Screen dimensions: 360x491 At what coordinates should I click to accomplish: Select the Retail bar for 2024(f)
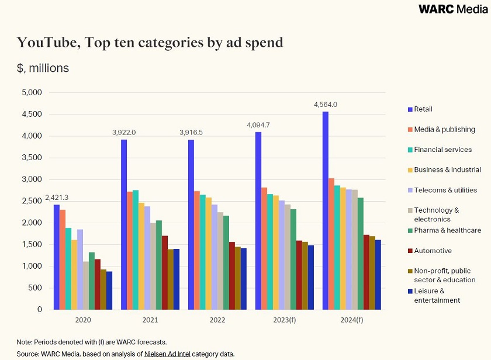(x=326, y=210)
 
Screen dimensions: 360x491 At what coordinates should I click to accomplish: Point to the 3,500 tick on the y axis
(x=32, y=158)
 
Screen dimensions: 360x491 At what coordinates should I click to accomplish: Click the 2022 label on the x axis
(x=217, y=320)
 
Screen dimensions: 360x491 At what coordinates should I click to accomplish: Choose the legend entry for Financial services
(x=442, y=150)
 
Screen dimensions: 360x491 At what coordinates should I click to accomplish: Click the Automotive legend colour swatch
(x=409, y=251)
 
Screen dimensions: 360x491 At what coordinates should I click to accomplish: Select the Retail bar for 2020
(x=57, y=257)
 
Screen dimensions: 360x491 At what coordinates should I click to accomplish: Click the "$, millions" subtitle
(x=43, y=68)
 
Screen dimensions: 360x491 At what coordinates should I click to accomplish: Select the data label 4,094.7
(x=258, y=125)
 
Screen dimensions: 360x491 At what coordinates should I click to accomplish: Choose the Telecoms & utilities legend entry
(x=445, y=190)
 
